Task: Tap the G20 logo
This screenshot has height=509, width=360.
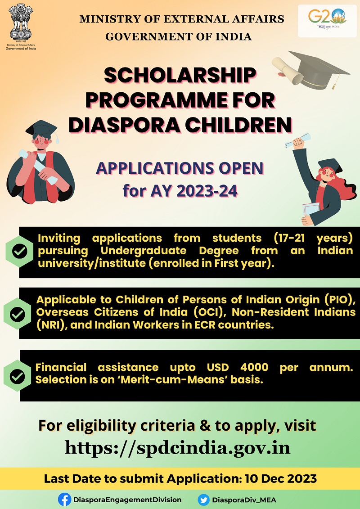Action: coord(327,19)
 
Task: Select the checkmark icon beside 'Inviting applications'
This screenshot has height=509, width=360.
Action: coord(19,252)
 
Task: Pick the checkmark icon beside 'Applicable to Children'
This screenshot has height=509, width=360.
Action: coord(18,314)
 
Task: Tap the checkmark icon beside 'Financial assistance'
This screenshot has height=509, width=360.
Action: coord(18,376)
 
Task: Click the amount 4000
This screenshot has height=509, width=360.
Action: coord(255,367)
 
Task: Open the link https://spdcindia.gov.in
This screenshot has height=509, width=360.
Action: coord(177,448)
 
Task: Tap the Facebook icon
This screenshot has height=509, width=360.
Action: coord(64,500)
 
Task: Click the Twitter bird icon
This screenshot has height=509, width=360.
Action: coord(204,500)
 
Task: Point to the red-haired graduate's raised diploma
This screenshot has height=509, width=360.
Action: coord(297,140)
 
